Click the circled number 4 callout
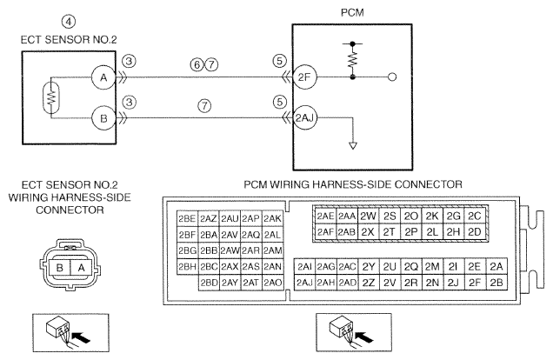[69, 22]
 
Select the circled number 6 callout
[197, 65]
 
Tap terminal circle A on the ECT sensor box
[103, 77]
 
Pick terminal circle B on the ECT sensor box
[103, 118]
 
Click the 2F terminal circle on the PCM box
[304, 77]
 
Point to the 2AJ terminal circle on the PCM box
[304, 117]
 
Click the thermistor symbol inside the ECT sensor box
[51, 97]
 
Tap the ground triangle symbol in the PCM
[353, 145]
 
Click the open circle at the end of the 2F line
[392, 77]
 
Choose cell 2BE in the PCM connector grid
[187, 219]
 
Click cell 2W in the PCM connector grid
[368, 217]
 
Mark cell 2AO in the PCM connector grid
[273, 283]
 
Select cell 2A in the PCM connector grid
[496, 266]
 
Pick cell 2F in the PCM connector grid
[475, 283]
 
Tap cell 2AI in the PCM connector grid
[304, 266]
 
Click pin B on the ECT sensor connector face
[60, 268]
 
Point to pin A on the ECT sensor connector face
[82, 268]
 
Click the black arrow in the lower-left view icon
[81, 337]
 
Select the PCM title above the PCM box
[352, 13]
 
